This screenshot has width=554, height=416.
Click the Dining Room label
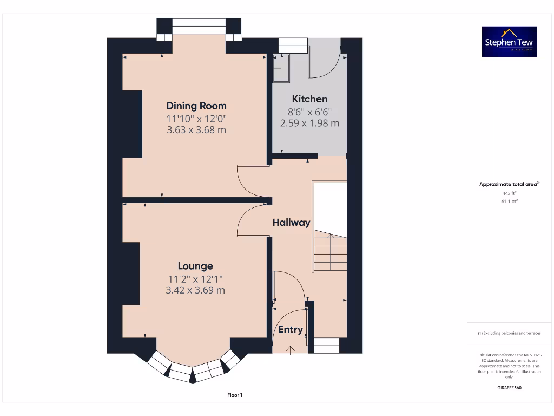click(196, 106)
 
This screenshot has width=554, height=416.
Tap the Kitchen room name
click(309, 99)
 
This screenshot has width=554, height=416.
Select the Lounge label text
click(195, 266)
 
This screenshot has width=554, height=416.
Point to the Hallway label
click(291, 222)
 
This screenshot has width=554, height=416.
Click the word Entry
click(291, 330)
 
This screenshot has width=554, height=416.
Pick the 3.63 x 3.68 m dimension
click(196, 130)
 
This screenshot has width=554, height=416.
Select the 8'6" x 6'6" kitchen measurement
click(309, 112)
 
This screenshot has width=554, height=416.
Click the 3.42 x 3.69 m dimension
click(195, 290)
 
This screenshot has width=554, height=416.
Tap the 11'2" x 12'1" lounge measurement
click(195, 279)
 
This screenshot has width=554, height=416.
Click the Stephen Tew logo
click(510, 42)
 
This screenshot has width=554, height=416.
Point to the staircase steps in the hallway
click(331, 252)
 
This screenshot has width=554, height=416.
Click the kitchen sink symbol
click(281, 68)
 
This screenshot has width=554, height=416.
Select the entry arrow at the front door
click(291, 349)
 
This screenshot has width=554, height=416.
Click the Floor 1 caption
click(234, 395)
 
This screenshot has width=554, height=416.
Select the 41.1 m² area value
click(509, 201)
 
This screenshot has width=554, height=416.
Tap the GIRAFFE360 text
click(509, 388)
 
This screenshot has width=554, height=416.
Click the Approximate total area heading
click(509, 184)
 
